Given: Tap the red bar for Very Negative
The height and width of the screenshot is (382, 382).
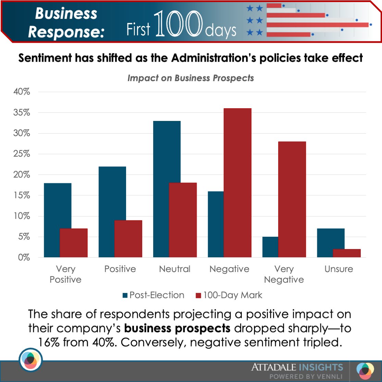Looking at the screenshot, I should point(292,199).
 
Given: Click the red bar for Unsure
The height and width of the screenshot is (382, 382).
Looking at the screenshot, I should point(347,253).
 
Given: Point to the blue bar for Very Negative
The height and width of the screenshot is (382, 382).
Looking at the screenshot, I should point(270,247).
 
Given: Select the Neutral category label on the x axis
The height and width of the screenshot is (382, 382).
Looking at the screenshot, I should point(175,269).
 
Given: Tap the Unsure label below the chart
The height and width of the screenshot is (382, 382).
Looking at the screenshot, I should point(338,269).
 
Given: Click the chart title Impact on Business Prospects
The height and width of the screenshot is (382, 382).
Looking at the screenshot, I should point(190,78).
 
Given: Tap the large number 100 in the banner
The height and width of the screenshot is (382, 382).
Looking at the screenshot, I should point(178,25).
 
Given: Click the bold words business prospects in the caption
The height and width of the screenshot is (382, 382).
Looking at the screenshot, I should point(177,328).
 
